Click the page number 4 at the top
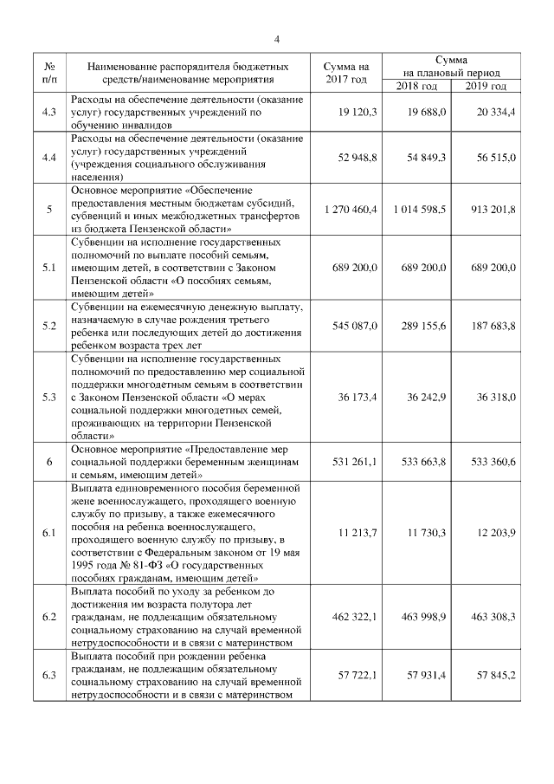pyautogui.click(x=277, y=39)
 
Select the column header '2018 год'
pyautogui.click(x=415, y=87)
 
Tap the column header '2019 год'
pyautogui.click(x=486, y=87)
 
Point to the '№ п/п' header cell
pyautogui.click(x=49, y=73)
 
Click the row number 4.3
pyautogui.click(x=49, y=113)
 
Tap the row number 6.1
pyautogui.click(x=49, y=530)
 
